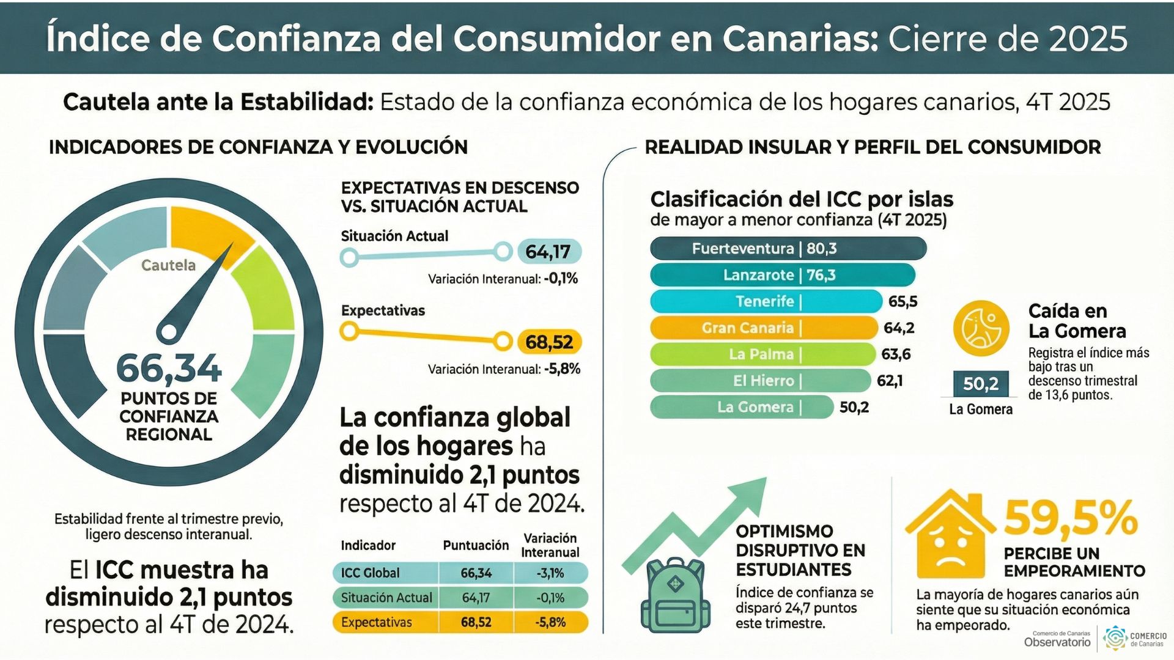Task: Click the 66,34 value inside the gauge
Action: [x=169, y=369]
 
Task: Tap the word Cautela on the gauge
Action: [x=168, y=265]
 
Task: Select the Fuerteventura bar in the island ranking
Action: [x=788, y=249]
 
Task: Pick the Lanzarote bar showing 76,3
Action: [x=782, y=275]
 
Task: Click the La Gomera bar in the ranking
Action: [x=741, y=407]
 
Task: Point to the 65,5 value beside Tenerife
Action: [x=903, y=301]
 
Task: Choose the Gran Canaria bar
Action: [x=763, y=328]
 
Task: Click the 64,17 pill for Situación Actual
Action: [x=548, y=252]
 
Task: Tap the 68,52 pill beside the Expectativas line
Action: [x=549, y=342]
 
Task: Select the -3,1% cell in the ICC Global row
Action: [x=550, y=573]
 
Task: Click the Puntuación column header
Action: [x=476, y=545]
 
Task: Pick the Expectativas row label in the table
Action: [x=377, y=623]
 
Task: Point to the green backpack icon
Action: [x=675, y=596]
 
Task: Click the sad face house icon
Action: [x=951, y=537]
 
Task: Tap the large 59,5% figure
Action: [x=1070, y=518]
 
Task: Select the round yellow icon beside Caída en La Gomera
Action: [x=981, y=328]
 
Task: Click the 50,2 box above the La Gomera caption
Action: [x=981, y=384]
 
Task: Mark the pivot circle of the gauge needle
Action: [x=168, y=332]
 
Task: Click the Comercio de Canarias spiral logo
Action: [x=1115, y=639]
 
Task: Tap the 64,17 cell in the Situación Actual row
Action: [x=476, y=598]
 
